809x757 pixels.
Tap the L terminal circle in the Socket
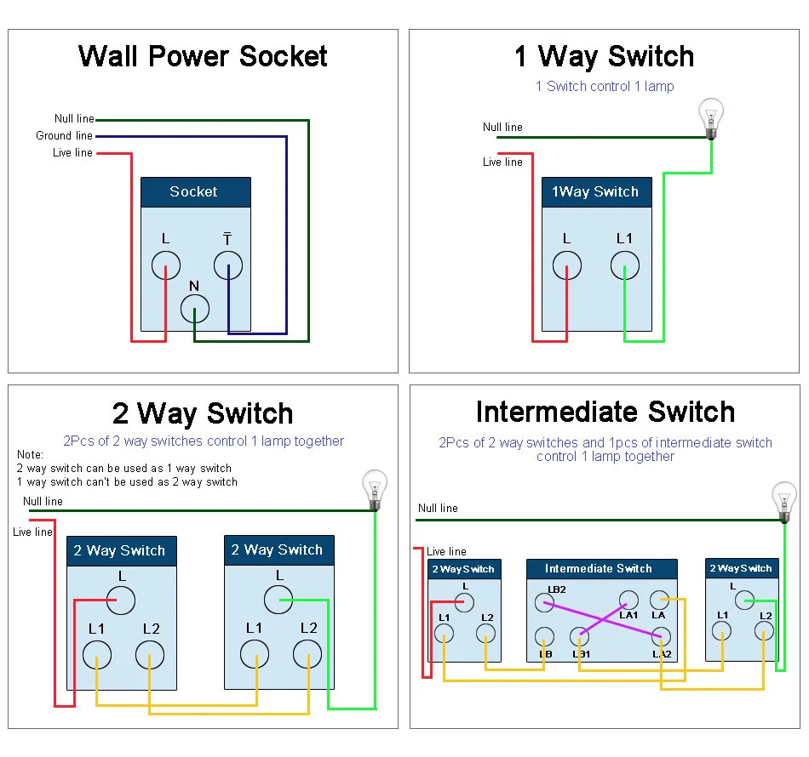(x=166, y=265)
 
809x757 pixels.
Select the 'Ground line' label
(x=64, y=136)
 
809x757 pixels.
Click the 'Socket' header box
(x=195, y=192)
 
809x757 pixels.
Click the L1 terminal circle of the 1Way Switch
(x=624, y=265)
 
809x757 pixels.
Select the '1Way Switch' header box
(x=596, y=192)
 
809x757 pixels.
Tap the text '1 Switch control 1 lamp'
(x=605, y=86)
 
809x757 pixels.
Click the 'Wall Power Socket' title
(x=203, y=56)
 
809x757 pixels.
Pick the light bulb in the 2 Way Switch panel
(x=374, y=488)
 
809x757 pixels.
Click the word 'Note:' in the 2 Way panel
(x=30, y=455)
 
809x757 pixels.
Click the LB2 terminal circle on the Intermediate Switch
(x=544, y=604)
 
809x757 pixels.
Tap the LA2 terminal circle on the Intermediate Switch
(x=660, y=635)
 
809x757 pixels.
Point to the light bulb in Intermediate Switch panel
(x=783, y=499)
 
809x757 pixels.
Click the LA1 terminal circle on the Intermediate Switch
(x=628, y=600)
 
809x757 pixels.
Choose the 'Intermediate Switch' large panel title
(x=605, y=412)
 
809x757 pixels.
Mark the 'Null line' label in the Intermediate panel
(x=438, y=508)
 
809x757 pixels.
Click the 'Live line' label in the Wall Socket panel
(x=72, y=153)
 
